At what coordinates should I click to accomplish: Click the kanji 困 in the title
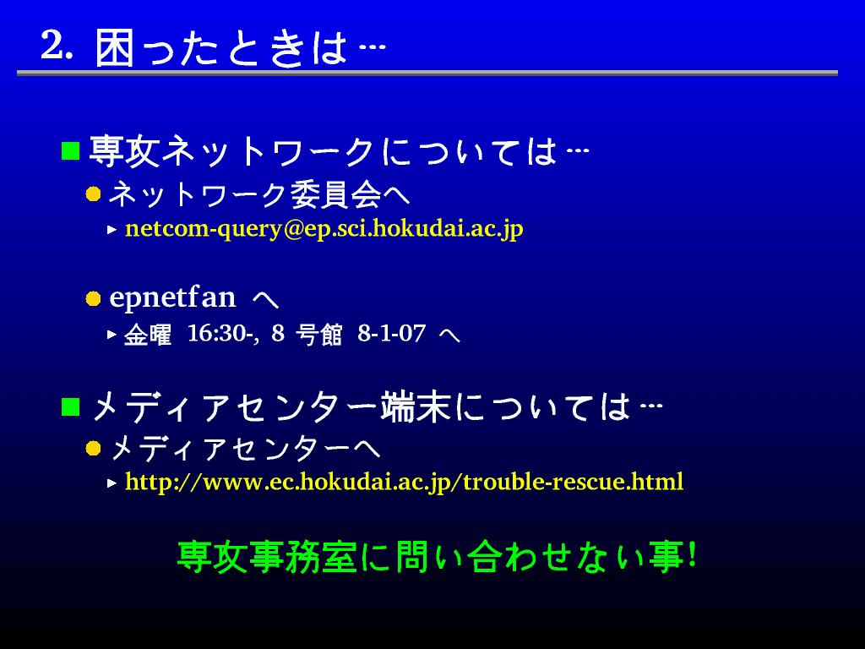click(114, 48)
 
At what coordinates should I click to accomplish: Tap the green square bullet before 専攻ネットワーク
click(70, 150)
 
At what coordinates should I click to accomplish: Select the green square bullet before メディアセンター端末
click(70, 407)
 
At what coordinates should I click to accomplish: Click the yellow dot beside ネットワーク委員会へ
click(93, 194)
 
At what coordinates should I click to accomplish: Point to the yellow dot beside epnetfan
click(93, 298)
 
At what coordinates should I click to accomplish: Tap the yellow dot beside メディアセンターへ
click(93, 448)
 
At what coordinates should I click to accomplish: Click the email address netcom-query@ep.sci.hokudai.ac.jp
click(324, 229)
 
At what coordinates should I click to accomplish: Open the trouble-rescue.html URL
click(404, 482)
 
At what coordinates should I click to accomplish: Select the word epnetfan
click(172, 298)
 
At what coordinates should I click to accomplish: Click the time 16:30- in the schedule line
click(222, 333)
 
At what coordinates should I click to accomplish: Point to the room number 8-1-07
click(392, 333)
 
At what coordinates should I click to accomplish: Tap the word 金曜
click(148, 335)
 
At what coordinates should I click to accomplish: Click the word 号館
click(318, 335)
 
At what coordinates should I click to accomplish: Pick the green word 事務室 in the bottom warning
click(303, 556)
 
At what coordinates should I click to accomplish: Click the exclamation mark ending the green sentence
click(692, 554)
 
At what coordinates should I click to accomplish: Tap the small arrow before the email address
click(112, 229)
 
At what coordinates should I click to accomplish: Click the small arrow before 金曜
click(112, 334)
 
